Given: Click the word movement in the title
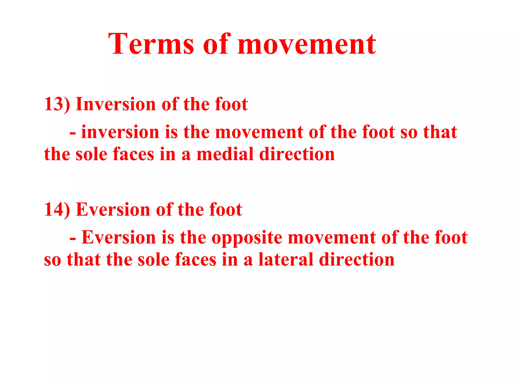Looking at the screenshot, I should point(306,45).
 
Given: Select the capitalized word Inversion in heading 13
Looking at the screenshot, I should point(116,104).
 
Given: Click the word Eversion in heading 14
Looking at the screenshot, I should point(113,209).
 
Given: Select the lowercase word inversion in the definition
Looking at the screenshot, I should point(120,132).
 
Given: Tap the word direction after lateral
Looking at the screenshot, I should point(357,259).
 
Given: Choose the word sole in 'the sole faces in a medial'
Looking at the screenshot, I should point(92,154).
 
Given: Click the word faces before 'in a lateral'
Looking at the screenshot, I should point(196,259).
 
